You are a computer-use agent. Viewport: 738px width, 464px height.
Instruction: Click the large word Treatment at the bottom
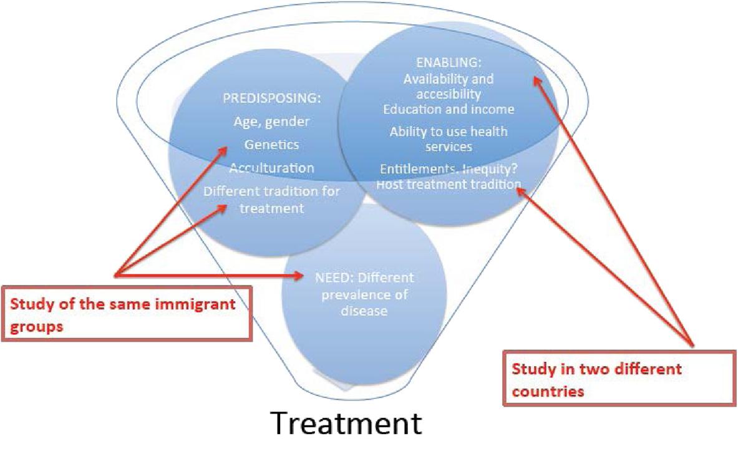point(346,424)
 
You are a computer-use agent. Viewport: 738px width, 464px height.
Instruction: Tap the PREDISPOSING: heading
point(263,99)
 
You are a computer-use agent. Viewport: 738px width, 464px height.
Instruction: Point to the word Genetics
point(271,145)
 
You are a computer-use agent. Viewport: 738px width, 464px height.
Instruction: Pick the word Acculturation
point(271,168)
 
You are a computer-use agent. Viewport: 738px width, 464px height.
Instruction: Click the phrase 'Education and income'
point(449,109)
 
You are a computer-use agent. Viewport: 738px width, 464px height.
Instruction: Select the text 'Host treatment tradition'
point(449,185)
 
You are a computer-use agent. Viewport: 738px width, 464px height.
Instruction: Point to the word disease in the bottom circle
point(364,309)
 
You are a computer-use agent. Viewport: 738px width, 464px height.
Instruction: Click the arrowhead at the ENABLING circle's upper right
point(535,80)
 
